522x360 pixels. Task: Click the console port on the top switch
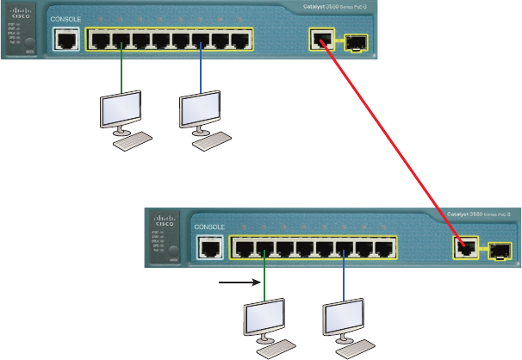(x=65, y=40)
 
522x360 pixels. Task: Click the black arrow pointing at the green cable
(x=239, y=281)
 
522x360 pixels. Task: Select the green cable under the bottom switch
(x=264, y=280)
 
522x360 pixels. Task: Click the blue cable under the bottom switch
(x=343, y=280)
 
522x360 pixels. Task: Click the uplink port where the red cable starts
(x=320, y=40)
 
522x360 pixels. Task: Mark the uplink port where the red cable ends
(x=465, y=248)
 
